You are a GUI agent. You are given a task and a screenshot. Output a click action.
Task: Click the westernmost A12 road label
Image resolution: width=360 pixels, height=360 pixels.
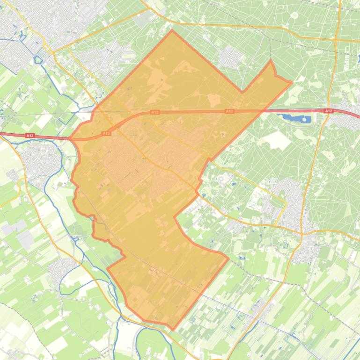(29, 136)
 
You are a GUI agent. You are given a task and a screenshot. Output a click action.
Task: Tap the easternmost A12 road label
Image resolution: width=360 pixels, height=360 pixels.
(328, 111)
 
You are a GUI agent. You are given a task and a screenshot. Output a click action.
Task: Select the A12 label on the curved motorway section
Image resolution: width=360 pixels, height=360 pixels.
(106, 133)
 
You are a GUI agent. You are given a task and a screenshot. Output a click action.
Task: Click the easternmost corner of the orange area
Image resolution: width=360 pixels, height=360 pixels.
(292, 83)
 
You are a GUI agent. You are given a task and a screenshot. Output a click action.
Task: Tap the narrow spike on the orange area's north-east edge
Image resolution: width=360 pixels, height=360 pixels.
(271, 61)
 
